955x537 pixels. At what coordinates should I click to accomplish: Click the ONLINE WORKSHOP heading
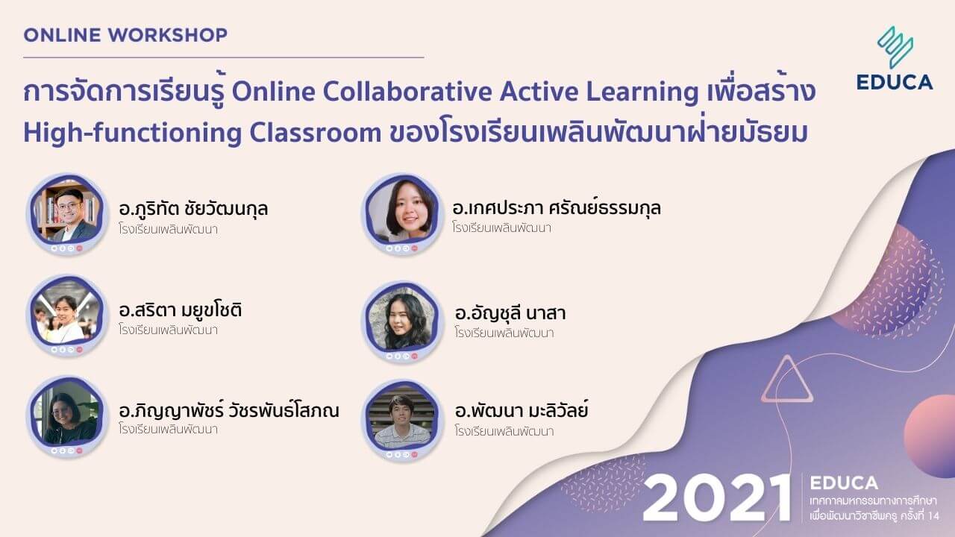pyautogui.click(x=125, y=35)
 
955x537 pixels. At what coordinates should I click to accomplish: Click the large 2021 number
pyautogui.click(x=716, y=497)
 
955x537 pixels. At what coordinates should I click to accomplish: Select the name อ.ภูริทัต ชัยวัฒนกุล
pyautogui.click(x=193, y=209)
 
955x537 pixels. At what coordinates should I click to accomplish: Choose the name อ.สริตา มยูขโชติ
pyautogui.click(x=180, y=310)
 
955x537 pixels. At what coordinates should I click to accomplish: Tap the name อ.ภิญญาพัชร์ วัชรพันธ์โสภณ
pyautogui.click(x=229, y=409)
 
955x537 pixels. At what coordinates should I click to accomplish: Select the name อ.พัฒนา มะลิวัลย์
pyautogui.click(x=522, y=410)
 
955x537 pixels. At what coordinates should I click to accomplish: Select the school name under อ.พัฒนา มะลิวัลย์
pyautogui.click(x=504, y=430)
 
